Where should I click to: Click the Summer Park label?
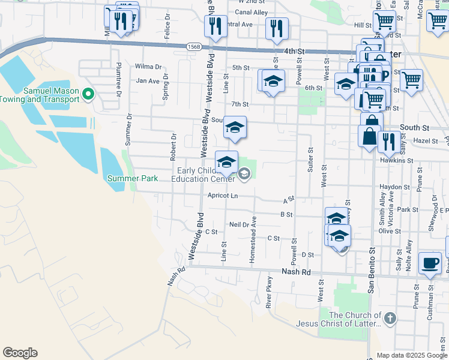pyautogui.click(x=133, y=178)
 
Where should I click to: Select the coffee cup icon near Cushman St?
pyautogui.click(x=430, y=264)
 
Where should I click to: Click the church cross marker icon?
pyautogui.click(x=390, y=318)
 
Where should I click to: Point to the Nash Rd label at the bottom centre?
pyautogui.click(x=297, y=272)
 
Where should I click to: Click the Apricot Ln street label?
pyautogui.click(x=222, y=196)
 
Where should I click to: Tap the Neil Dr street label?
pyautogui.click(x=239, y=224)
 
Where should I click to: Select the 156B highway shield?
pyautogui.click(x=193, y=46)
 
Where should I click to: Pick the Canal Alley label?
pyautogui.click(x=252, y=12)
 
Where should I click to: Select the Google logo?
pyautogui.click(x=20, y=353)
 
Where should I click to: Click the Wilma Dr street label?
pyautogui.click(x=149, y=67)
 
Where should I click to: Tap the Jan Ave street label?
pyautogui.click(x=148, y=80)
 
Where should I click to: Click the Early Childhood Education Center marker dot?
pyautogui.click(x=244, y=175)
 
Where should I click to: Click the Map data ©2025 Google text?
pyautogui.click(x=412, y=355)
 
